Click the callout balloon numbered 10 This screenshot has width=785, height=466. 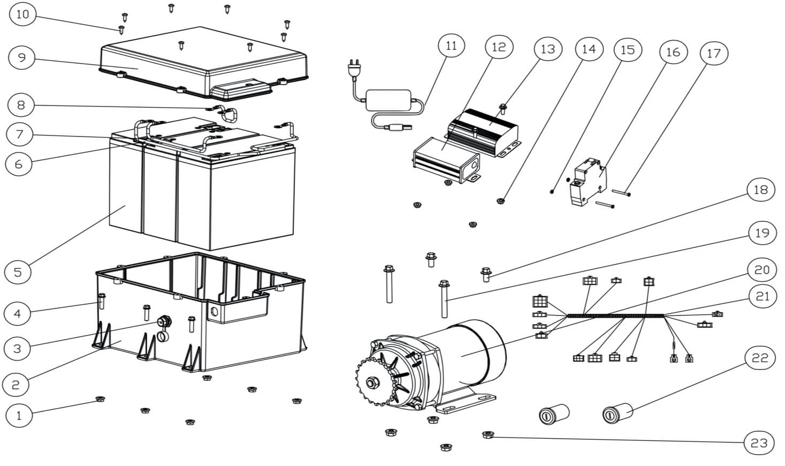[23, 14]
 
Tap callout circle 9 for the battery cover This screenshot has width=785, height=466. [22, 57]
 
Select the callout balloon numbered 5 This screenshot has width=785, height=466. [18, 272]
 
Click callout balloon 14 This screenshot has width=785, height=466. [589, 49]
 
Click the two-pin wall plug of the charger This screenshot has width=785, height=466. [353, 69]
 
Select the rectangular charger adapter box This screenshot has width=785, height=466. [388, 101]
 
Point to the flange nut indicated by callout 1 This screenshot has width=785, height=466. [100, 399]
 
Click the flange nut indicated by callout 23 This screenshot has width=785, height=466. [488, 435]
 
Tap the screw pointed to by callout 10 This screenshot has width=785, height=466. [122, 30]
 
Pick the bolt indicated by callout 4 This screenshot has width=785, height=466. [101, 301]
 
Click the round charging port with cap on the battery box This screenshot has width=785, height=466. [164, 328]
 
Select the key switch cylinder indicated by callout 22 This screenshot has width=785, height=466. [617, 413]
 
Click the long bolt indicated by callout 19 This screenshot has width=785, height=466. [444, 299]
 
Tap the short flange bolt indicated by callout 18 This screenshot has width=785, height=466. [486, 275]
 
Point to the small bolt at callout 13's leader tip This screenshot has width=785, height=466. [503, 109]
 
